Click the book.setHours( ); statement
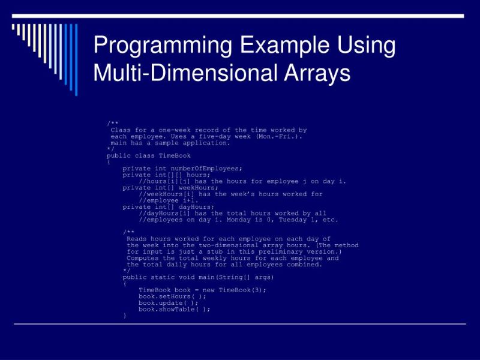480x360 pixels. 172,296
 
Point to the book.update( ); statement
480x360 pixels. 169,303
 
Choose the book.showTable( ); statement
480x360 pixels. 175,310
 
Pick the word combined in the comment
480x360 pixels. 304,265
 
